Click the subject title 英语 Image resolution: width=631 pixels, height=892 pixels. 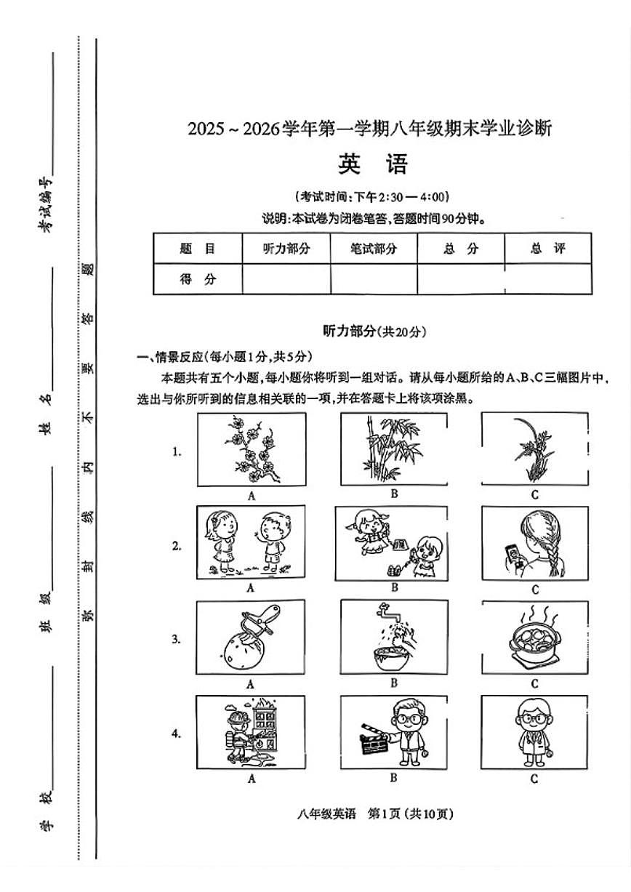point(373,165)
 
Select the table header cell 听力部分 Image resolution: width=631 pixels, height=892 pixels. point(286,249)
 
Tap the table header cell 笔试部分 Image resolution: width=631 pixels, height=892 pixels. point(374,249)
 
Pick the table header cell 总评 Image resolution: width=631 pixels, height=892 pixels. point(547,249)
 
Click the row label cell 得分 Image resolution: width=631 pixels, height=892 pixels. point(198,279)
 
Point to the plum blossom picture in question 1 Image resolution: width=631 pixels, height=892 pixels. point(251,449)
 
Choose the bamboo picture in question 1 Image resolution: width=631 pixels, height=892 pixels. point(393,449)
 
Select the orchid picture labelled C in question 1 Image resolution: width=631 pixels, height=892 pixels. point(534,449)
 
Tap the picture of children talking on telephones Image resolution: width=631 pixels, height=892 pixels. point(393,542)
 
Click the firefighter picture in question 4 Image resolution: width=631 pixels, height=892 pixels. point(251,731)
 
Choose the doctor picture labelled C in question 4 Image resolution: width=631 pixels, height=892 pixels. point(534,731)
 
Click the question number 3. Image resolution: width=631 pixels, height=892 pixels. point(176,640)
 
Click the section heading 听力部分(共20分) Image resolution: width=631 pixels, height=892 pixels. point(374,332)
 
